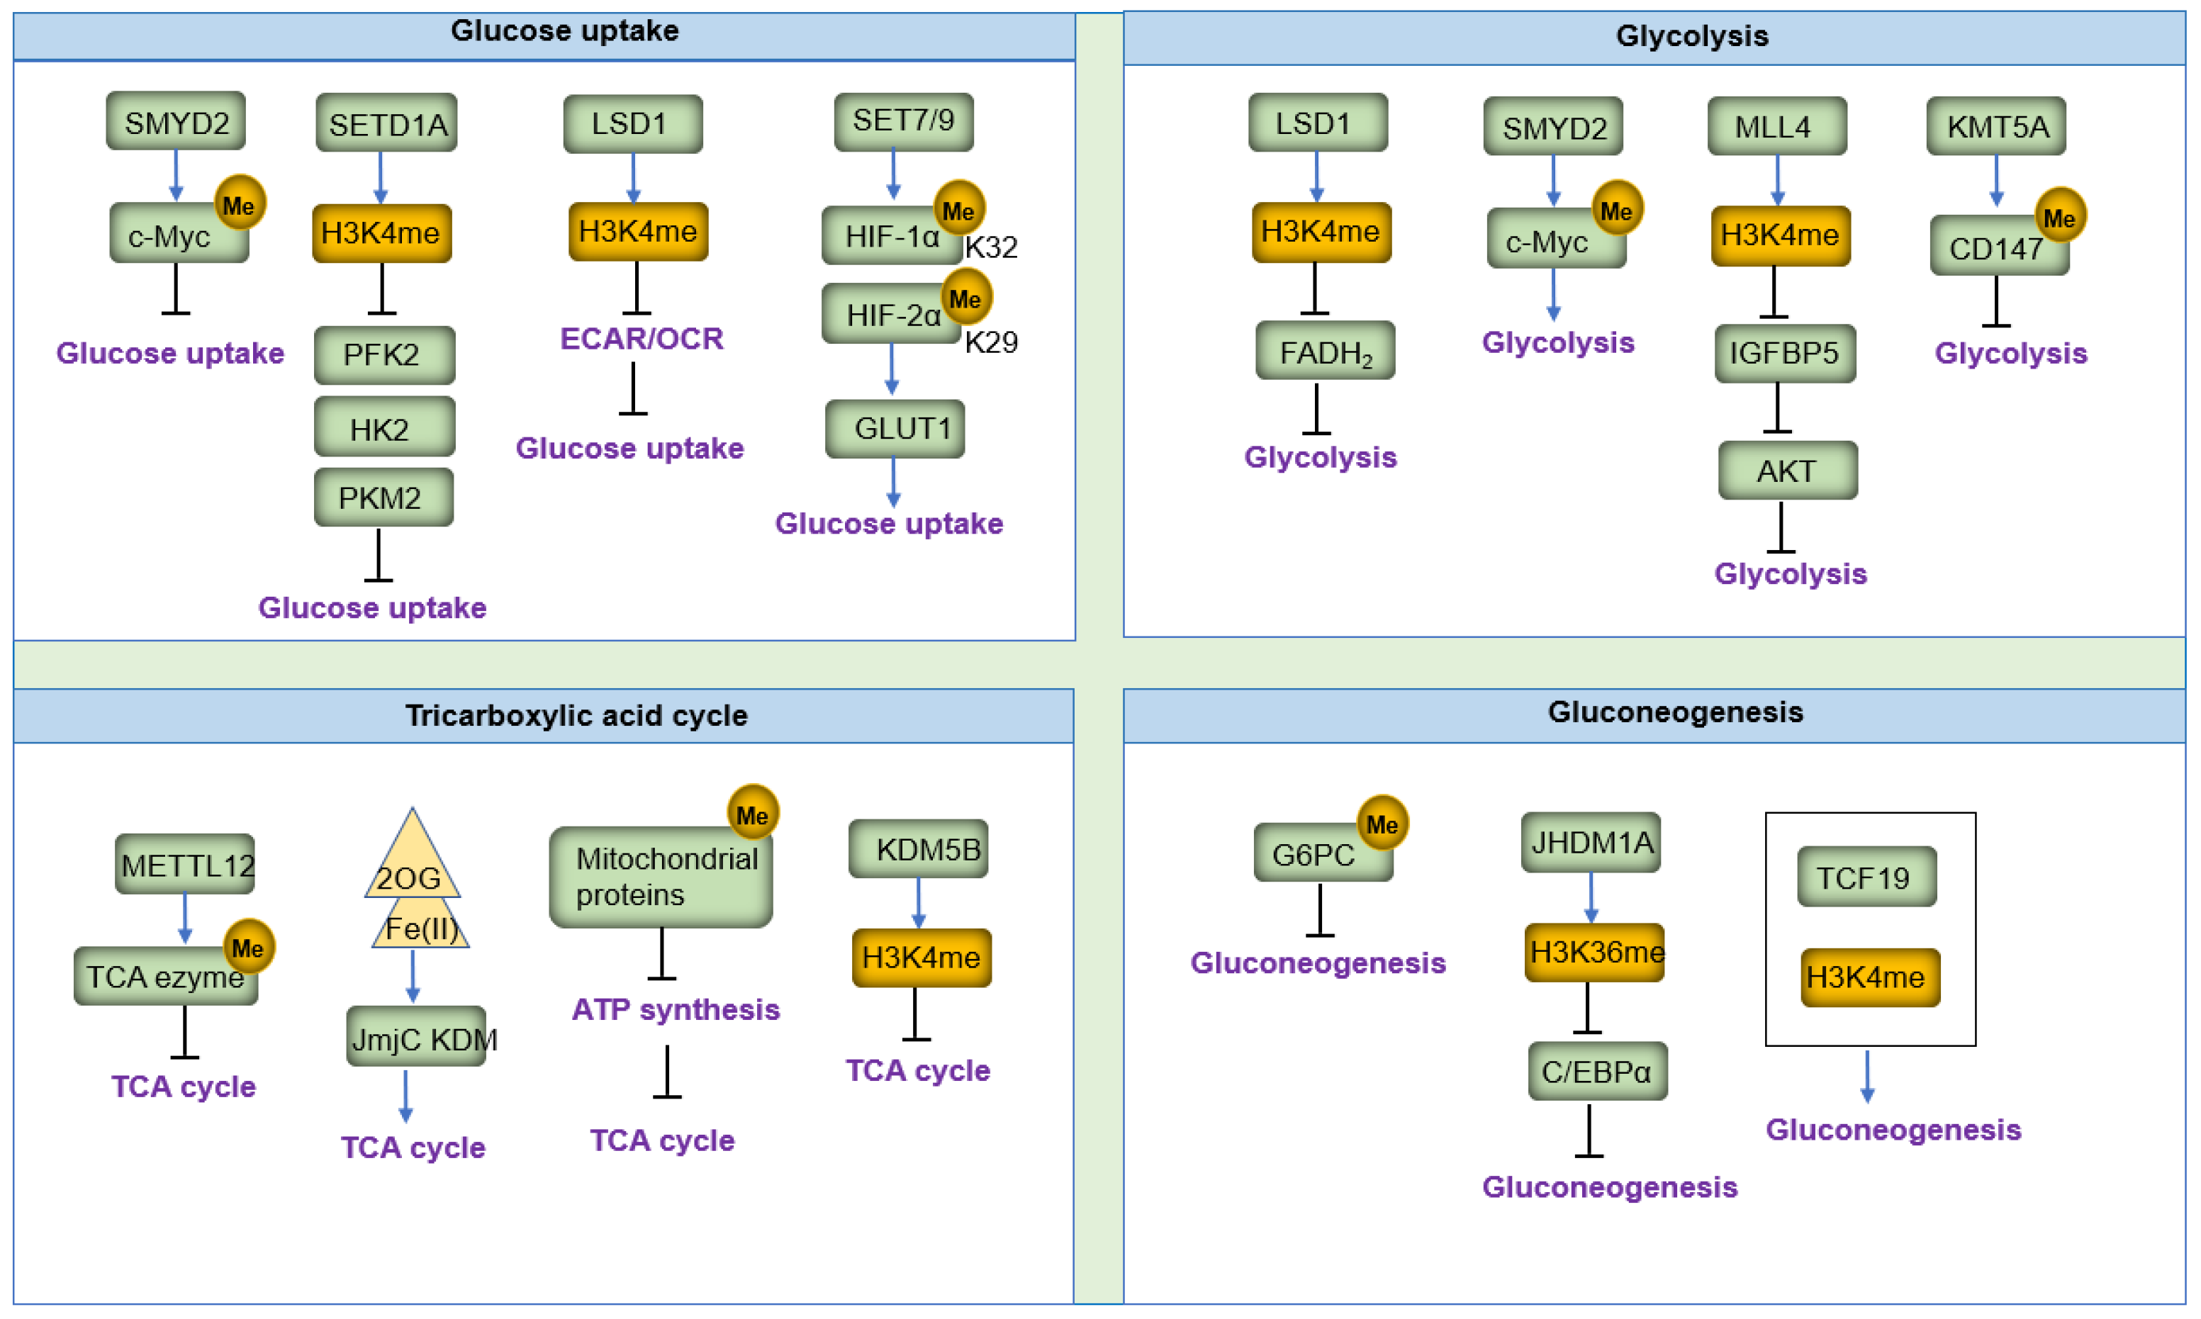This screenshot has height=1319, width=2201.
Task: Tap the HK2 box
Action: tap(384, 428)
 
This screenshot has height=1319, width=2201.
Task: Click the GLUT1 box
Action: tap(895, 428)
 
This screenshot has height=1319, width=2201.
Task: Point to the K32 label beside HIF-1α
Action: tap(991, 247)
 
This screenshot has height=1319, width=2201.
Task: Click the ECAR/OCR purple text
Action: tap(641, 339)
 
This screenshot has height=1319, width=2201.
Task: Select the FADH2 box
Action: tap(1325, 352)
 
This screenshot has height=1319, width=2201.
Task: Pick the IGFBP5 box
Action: tap(1784, 353)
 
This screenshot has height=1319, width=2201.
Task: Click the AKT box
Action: tap(1787, 470)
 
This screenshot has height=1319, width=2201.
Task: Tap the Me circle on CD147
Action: tap(2060, 217)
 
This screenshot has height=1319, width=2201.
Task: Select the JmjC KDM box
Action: tap(416, 1036)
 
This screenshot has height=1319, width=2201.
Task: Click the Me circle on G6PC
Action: tap(1382, 823)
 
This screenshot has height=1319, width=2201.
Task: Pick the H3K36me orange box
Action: tap(1594, 952)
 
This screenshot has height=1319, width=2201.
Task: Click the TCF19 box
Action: tap(1866, 877)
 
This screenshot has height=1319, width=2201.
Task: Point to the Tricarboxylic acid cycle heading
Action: tap(576, 716)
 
